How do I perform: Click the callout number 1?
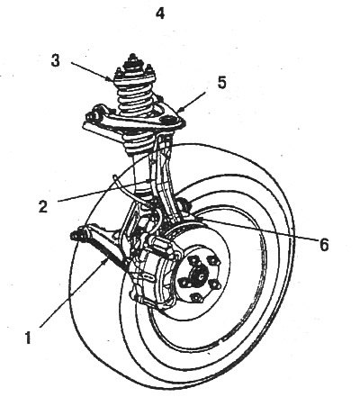tap(28, 337)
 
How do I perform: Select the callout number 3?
tap(55, 60)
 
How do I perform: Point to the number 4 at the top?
tap(160, 13)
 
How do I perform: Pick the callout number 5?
tap(221, 82)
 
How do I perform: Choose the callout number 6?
tap(324, 245)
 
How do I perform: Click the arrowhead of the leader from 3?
tap(112, 80)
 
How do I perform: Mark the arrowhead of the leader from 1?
tap(105, 261)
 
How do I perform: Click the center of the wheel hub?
tap(198, 275)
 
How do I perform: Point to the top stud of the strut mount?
tap(132, 59)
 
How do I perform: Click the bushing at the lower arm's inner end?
tap(76, 234)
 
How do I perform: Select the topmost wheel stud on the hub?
tap(196, 259)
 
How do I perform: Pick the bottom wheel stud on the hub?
tap(195, 298)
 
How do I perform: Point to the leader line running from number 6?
tap(257, 230)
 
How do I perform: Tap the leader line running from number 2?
tap(103, 191)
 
